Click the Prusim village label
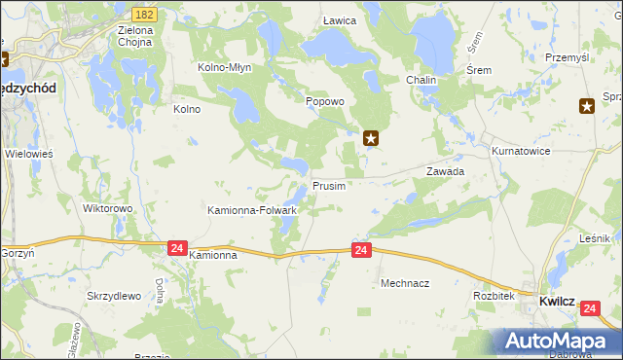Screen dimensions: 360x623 click(x=329, y=186)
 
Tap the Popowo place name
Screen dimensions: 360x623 click(x=325, y=101)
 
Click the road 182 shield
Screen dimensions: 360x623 click(x=145, y=15)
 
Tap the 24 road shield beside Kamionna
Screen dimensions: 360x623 click(x=176, y=248)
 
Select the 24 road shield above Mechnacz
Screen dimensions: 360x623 click(x=361, y=251)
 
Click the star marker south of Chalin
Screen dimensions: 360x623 click(x=371, y=139)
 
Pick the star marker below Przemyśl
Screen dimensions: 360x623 click(x=587, y=107)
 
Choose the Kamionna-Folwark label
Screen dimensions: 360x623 click(x=252, y=209)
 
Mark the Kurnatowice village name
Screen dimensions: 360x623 click(x=521, y=152)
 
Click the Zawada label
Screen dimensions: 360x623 click(x=445, y=170)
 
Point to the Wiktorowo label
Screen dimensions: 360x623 click(x=107, y=208)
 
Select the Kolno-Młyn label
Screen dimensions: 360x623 click(x=225, y=68)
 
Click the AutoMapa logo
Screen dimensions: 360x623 click(x=559, y=342)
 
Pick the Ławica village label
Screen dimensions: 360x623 click(x=339, y=20)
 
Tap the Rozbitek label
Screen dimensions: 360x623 click(x=493, y=295)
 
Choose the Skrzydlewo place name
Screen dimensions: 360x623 click(x=115, y=295)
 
